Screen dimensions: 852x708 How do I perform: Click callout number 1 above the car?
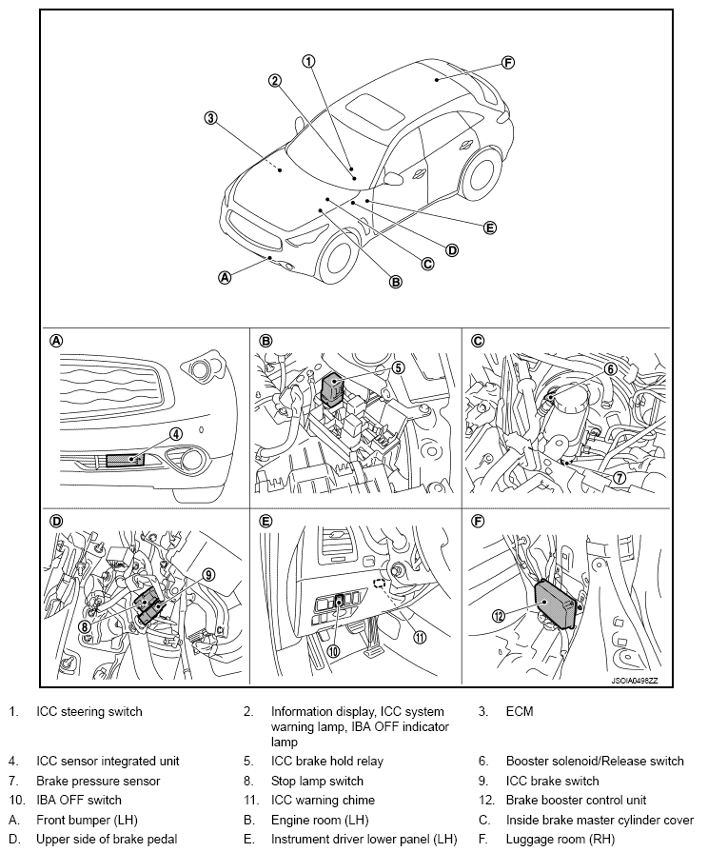pos(307,60)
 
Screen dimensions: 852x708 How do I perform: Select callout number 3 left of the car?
pos(211,119)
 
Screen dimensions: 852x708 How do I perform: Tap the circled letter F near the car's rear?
pos(507,63)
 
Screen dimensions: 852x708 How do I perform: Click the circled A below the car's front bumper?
pos(226,278)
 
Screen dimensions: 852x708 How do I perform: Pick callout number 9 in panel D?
pos(208,574)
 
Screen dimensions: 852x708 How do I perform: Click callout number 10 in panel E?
pos(333,651)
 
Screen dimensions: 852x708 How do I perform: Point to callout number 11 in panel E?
pos(419,638)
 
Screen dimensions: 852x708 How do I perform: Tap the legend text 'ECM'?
pos(520,711)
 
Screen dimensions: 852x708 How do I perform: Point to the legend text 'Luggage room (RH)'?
pos(560,839)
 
